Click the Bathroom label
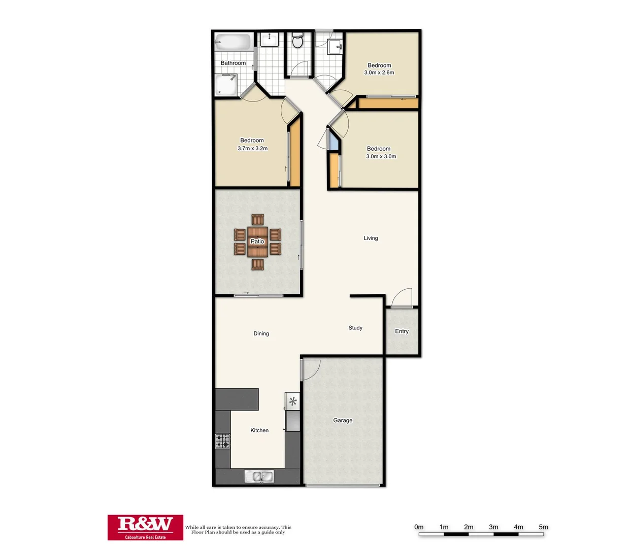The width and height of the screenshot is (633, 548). (x=233, y=63)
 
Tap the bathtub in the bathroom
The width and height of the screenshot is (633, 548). (x=234, y=42)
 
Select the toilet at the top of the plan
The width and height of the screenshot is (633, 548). (x=298, y=41)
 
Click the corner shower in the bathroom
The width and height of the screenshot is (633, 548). (x=225, y=85)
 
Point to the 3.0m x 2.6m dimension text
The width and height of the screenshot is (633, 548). (x=379, y=73)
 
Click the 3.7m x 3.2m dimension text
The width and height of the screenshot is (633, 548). (x=252, y=149)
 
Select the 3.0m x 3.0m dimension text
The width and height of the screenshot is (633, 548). (x=381, y=156)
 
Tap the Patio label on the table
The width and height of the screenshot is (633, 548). (x=257, y=242)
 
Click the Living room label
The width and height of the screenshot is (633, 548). (x=371, y=238)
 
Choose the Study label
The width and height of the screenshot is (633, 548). (x=355, y=328)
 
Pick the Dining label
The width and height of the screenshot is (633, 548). (x=261, y=333)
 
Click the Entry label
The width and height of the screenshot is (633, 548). (x=402, y=331)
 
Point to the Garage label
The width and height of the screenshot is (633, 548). (x=343, y=420)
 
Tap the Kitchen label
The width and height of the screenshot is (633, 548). (x=259, y=430)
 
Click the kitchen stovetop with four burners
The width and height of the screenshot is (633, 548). (x=222, y=441)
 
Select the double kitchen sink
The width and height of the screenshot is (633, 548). (x=259, y=476)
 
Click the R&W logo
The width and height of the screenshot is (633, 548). (x=145, y=527)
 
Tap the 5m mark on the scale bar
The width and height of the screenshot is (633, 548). (x=543, y=527)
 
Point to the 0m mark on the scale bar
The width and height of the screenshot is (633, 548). (x=419, y=527)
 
